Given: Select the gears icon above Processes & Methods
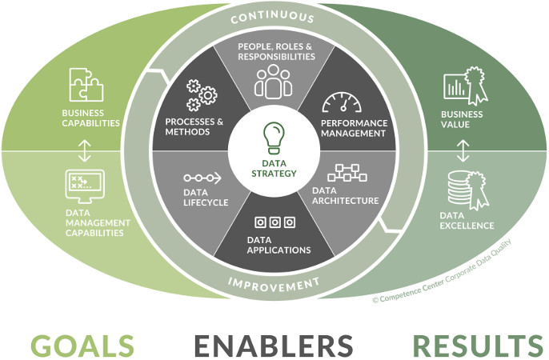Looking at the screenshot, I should click(200, 94).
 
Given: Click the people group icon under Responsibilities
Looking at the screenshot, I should click(274, 80).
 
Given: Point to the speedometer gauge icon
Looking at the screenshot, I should click(342, 102).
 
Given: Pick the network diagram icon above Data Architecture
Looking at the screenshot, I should click(346, 174).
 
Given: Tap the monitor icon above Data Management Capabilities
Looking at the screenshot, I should click(85, 186).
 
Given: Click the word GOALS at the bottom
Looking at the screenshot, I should click(82, 345).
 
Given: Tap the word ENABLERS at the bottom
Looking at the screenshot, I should click(273, 345).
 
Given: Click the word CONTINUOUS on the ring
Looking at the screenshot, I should click(274, 18).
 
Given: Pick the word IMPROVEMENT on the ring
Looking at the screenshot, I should click(274, 282).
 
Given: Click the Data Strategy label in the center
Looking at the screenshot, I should click(274, 167).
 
